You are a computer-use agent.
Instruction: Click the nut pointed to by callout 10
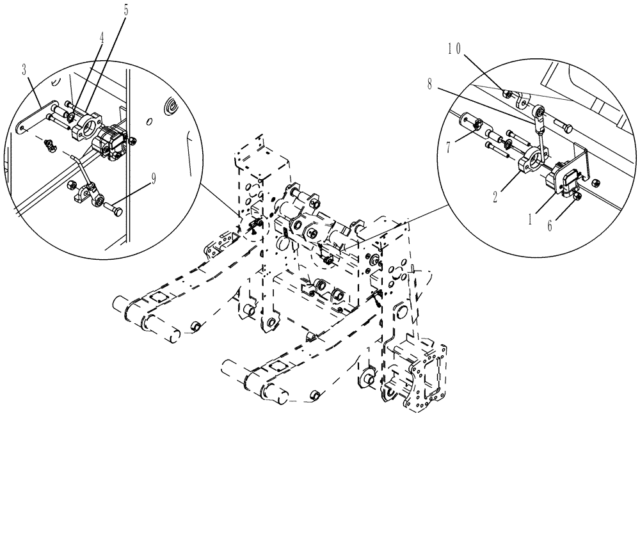[507, 94]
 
